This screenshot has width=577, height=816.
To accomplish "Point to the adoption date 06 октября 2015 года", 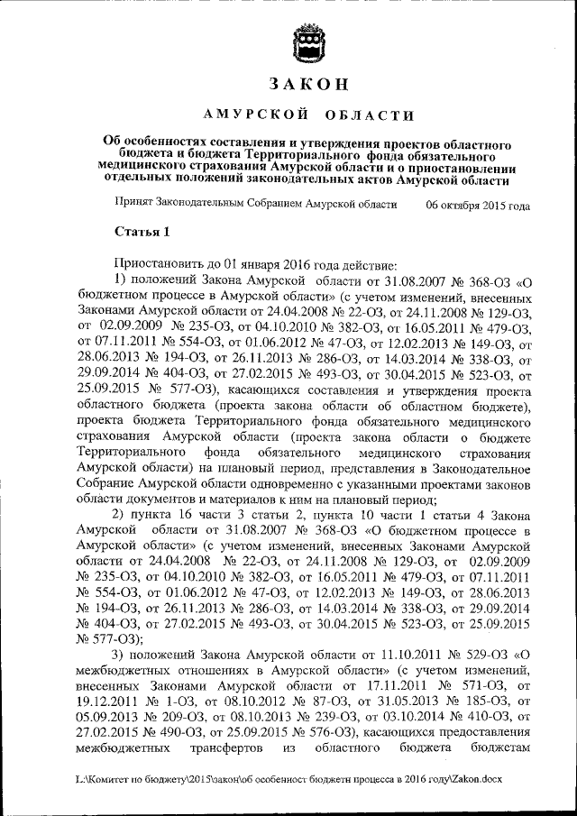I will pyautogui.click(x=478, y=205).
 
